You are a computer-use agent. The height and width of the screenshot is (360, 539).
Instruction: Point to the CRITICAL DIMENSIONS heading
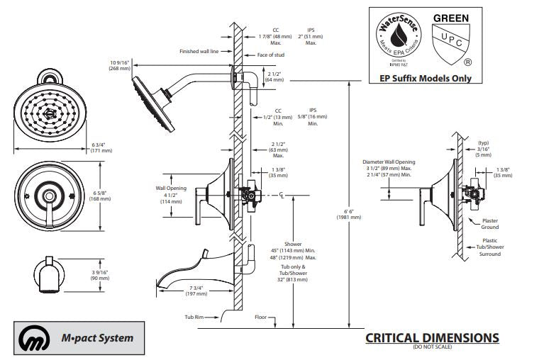pos(432,338)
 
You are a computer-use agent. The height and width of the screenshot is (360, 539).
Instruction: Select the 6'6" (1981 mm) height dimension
pos(349,213)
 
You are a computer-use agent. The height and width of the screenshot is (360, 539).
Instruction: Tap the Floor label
pos(260,317)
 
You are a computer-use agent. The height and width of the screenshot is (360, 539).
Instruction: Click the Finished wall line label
pos(199,51)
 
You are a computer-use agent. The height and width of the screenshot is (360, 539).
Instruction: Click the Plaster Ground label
pos(490,224)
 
